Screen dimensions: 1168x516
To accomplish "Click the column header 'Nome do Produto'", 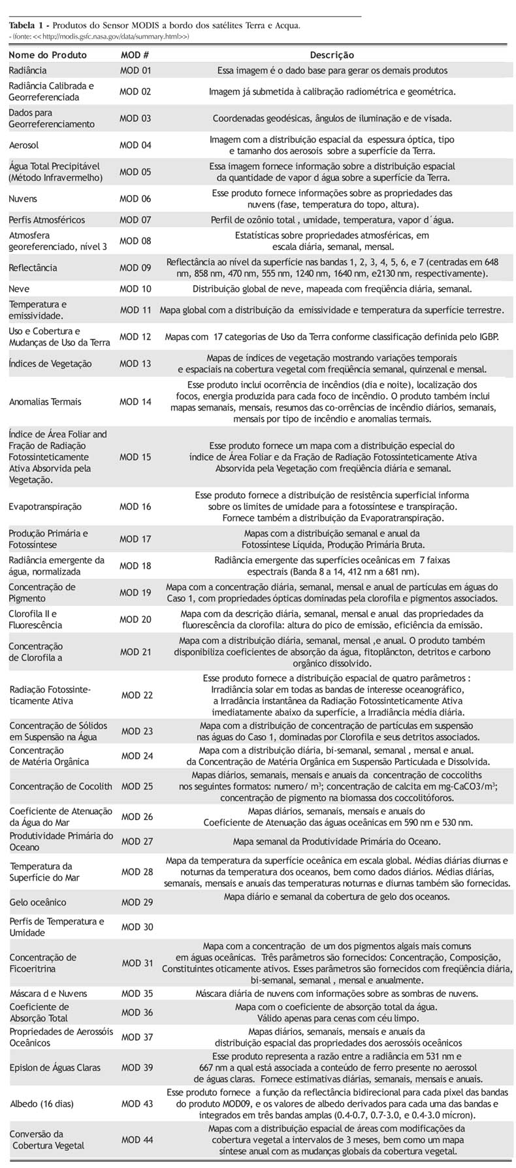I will [43, 55].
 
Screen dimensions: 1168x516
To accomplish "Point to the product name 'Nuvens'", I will [24, 198].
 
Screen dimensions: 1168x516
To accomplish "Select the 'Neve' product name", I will [20, 289].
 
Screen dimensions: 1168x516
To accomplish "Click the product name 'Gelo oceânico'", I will [38, 902].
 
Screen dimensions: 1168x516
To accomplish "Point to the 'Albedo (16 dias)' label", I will [42, 1104].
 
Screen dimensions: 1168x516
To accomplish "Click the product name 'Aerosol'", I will [24, 145].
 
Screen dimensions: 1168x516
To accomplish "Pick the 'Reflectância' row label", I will [33, 268].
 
